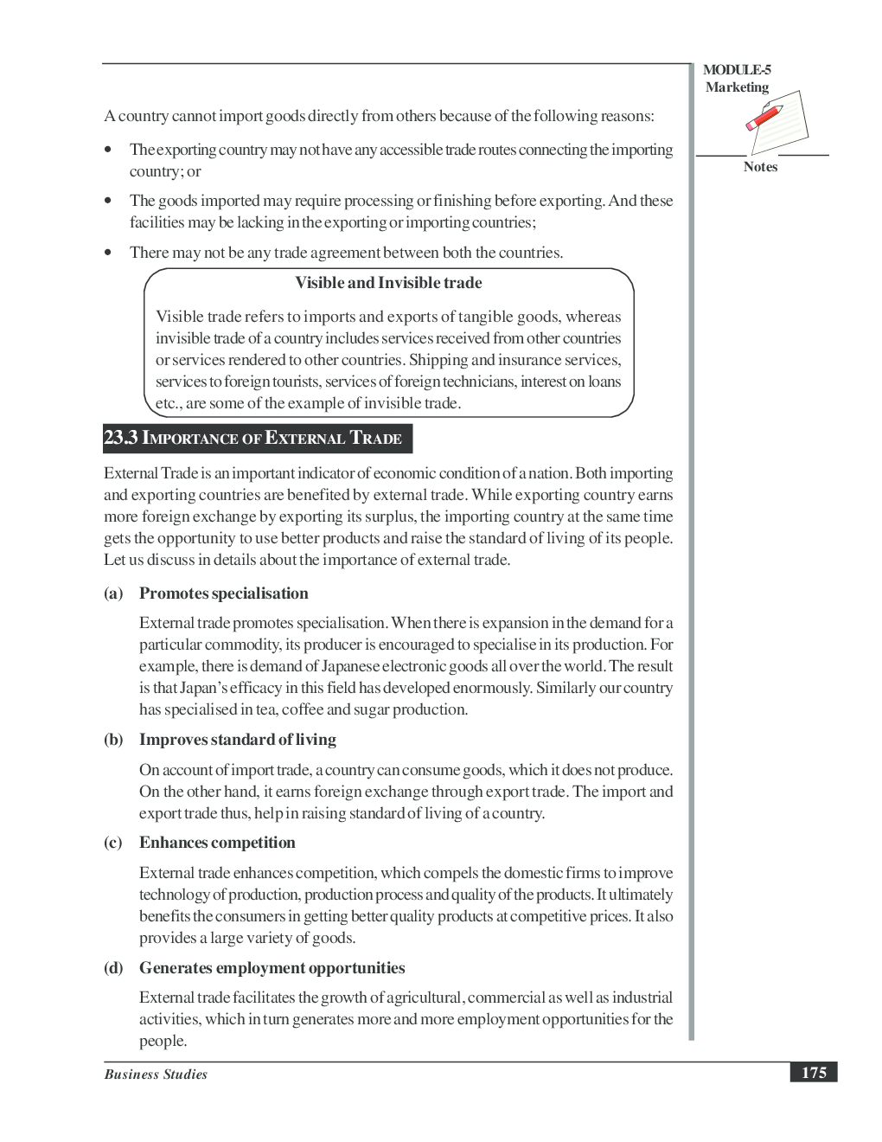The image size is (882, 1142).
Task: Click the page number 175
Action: tap(813, 1073)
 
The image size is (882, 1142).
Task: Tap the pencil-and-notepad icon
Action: tap(776, 120)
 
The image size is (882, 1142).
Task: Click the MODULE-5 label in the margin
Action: tap(737, 70)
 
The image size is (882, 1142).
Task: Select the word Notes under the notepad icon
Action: tap(760, 167)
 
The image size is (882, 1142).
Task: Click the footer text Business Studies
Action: tap(156, 1075)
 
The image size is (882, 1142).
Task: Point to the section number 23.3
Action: tap(120, 438)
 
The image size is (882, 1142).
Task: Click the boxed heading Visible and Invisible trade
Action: tap(388, 283)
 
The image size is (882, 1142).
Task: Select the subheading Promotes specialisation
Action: tap(223, 593)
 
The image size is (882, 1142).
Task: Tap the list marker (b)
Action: tap(113, 740)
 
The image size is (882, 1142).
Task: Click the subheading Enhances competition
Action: tap(217, 843)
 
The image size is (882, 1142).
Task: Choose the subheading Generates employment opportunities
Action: tap(272, 968)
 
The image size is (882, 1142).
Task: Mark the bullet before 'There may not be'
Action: tap(108, 253)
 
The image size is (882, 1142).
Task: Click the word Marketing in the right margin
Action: tap(737, 87)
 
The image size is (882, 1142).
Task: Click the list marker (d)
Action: tap(113, 968)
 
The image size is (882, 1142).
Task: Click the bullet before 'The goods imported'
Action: tap(108, 201)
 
